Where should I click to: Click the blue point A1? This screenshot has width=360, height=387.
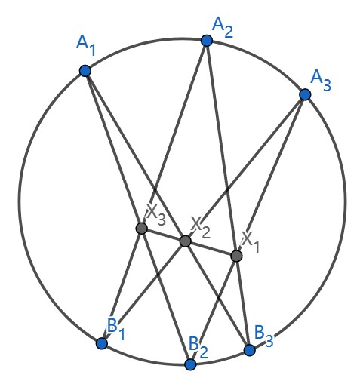[85, 71]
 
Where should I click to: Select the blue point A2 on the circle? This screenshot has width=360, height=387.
[207, 41]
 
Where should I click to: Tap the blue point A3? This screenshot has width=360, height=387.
[305, 94]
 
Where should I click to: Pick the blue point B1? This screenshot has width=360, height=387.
[102, 343]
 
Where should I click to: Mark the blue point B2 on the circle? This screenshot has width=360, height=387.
[190, 364]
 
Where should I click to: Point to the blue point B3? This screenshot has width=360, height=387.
[250, 350]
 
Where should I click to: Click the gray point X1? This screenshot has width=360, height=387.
[236, 256]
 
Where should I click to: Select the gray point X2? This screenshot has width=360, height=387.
[186, 241]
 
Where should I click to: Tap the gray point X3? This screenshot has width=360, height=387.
[141, 229]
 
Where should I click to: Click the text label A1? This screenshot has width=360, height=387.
[86, 45]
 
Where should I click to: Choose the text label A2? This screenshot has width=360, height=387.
[223, 28]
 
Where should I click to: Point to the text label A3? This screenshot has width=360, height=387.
[321, 80]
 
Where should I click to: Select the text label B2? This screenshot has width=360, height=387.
[198, 348]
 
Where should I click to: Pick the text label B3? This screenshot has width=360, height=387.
[263, 336]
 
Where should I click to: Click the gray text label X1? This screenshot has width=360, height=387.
[251, 241]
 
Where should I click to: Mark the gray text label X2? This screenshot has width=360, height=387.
[201, 227]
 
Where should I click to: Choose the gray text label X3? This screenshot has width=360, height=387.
[156, 214]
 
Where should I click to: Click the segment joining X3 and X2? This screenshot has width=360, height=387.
[164, 235]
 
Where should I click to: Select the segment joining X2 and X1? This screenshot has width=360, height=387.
[211, 248]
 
